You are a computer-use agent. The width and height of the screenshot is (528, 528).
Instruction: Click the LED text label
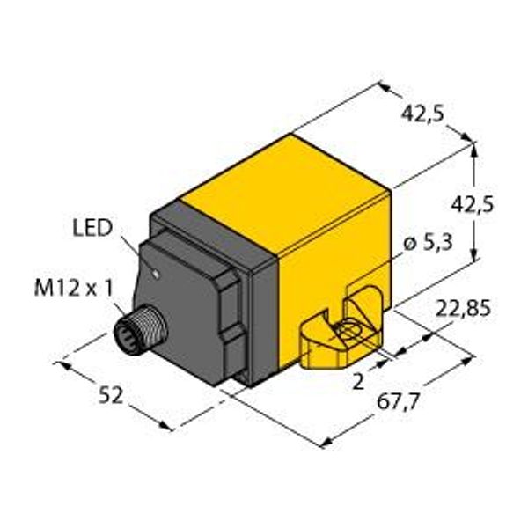92,230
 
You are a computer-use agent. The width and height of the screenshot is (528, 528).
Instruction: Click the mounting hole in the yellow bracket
346,333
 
